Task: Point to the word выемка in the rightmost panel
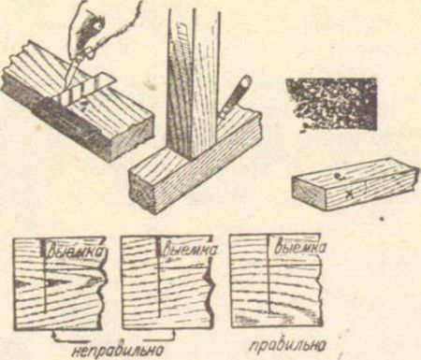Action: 300,247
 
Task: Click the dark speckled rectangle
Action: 331,105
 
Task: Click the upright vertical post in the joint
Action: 194,84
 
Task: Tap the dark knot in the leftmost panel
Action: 53,282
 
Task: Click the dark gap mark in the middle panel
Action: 159,249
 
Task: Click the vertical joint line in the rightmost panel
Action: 269,273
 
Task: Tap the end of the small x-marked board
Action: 309,194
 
